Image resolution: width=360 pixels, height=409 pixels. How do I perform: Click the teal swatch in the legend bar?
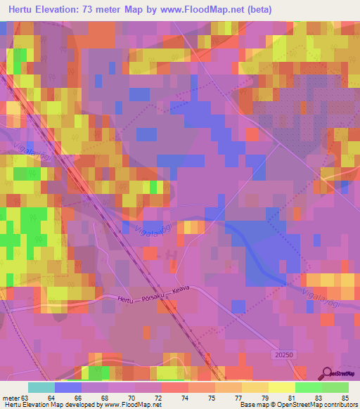click(x=41, y=387)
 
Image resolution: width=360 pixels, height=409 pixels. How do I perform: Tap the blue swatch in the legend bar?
click(x=68, y=387)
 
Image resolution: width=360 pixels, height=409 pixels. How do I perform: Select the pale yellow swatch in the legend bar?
click(x=282, y=387)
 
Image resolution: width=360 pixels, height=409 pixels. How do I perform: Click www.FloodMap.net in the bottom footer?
click(x=131, y=405)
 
